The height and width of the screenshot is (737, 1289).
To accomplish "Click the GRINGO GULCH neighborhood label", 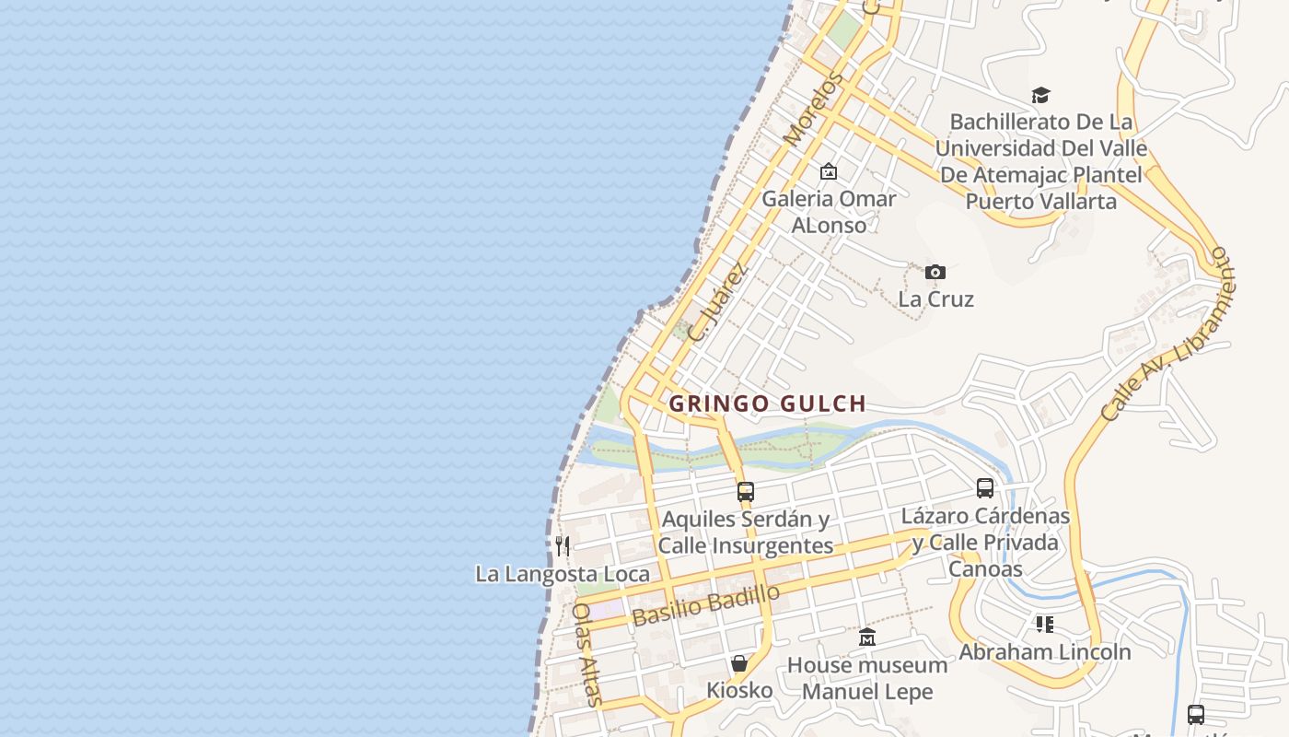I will tap(767, 404).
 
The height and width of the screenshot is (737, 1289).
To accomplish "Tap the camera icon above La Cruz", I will tap(935, 272).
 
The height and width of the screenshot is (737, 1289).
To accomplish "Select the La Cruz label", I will tap(935, 298).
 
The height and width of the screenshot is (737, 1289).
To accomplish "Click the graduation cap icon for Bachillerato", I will tap(1040, 95).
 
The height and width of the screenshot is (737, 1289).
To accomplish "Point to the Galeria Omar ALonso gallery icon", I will tap(829, 171).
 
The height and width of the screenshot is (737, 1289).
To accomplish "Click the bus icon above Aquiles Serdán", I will tap(746, 492).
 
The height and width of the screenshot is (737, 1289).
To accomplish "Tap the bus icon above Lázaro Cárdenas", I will tap(985, 488).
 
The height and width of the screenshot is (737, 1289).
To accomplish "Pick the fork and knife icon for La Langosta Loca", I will tap(563, 546).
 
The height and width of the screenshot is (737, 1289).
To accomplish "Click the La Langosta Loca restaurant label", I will tap(563, 574).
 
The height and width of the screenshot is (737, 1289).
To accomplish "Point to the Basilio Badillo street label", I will tap(706, 605).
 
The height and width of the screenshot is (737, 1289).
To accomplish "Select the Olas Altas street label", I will tap(587, 653).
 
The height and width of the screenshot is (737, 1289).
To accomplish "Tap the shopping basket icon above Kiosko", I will tap(739, 663).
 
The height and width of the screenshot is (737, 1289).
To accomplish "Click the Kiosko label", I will tap(739, 690).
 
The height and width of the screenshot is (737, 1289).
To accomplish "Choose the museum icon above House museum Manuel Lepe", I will tap(867, 637).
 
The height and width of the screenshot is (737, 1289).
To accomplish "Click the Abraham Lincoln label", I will tap(1045, 651).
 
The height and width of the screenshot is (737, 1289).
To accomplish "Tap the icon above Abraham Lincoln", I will tap(1044, 625).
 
